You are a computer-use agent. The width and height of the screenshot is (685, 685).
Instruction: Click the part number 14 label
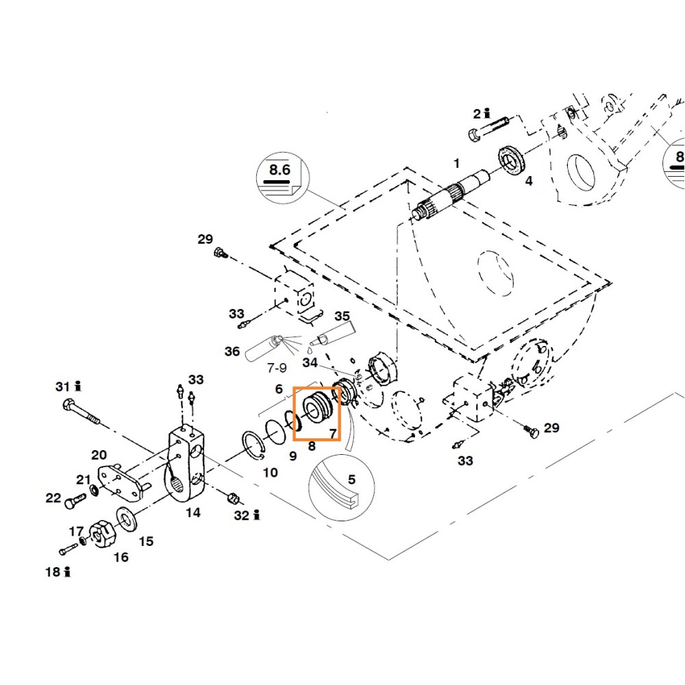click(x=193, y=512)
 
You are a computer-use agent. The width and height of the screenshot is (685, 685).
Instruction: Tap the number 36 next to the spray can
click(x=232, y=351)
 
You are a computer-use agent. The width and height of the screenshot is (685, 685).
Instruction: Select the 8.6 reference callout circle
click(x=283, y=178)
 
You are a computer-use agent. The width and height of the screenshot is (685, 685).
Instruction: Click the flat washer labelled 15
click(x=127, y=520)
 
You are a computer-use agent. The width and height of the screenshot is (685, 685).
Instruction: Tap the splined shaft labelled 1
click(x=450, y=192)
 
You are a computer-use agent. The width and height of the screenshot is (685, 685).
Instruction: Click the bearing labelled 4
click(x=512, y=160)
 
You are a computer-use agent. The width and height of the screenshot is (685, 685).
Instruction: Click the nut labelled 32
click(x=233, y=498)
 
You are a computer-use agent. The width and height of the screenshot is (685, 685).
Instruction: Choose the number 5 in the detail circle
click(x=351, y=480)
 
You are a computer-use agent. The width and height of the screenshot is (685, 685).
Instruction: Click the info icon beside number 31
click(x=78, y=386)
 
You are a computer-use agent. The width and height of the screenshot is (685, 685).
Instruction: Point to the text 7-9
click(x=277, y=368)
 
